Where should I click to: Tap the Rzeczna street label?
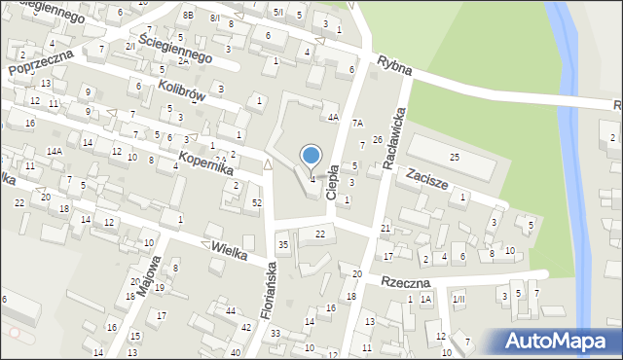click(x=406, y=282)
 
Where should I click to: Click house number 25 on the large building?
click(x=454, y=158)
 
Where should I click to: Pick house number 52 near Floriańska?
click(x=257, y=202)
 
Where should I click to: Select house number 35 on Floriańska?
click(x=283, y=244)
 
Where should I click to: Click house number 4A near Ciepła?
click(x=332, y=118)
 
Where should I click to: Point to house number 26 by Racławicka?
click(x=377, y=140)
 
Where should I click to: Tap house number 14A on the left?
click(x=55, y=152)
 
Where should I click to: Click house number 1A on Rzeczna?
click(x=425, y=299)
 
